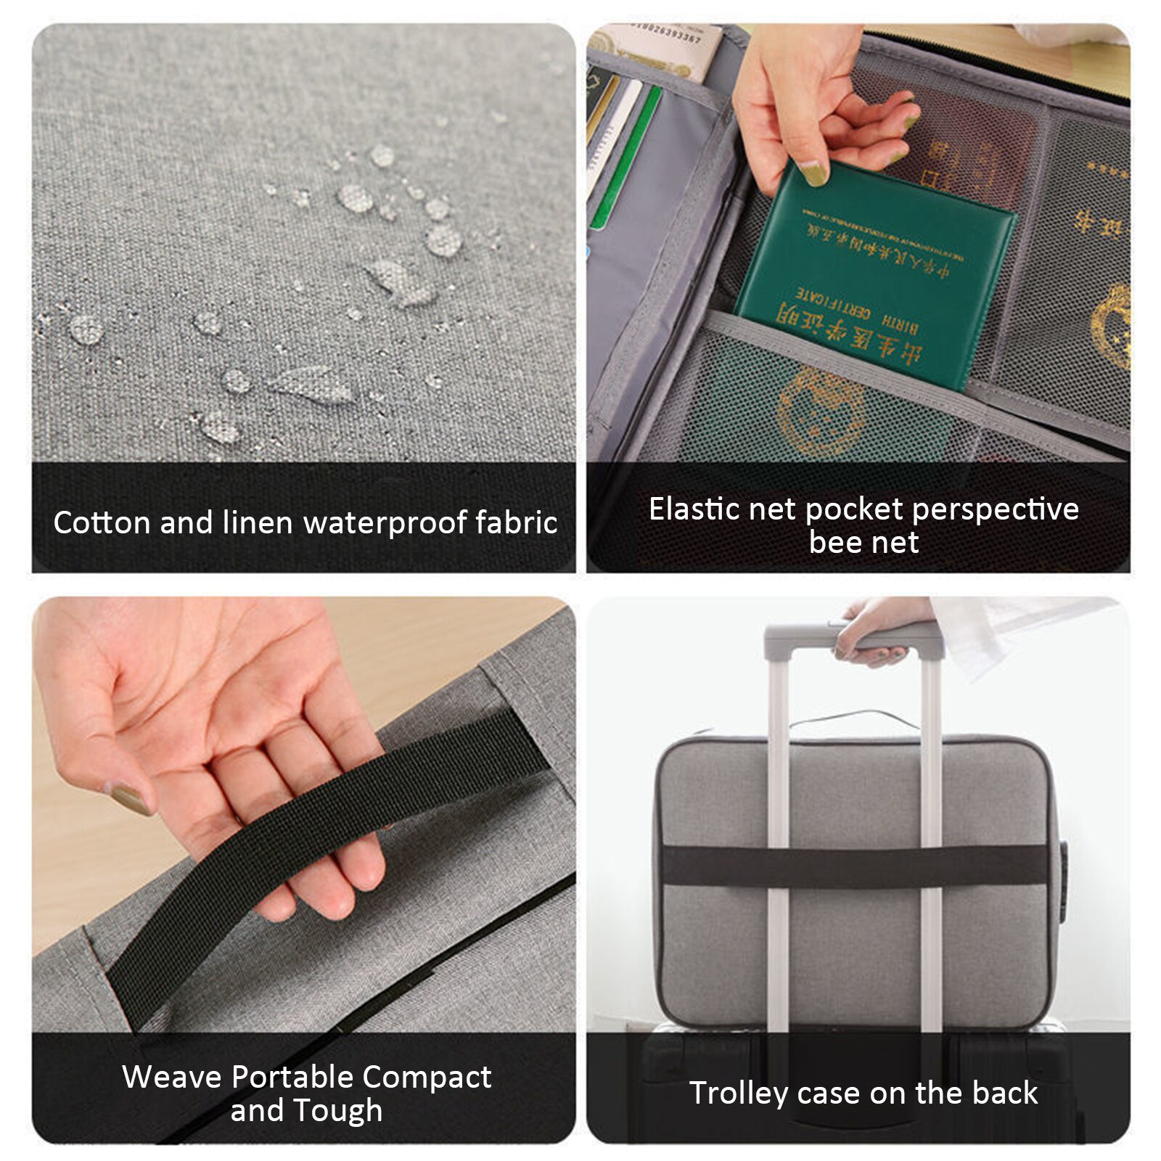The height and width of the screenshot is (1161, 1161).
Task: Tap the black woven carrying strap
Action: (327, 834)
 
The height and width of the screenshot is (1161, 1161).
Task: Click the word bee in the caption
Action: (834, 543)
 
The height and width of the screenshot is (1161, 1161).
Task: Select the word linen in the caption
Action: (257, 523)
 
